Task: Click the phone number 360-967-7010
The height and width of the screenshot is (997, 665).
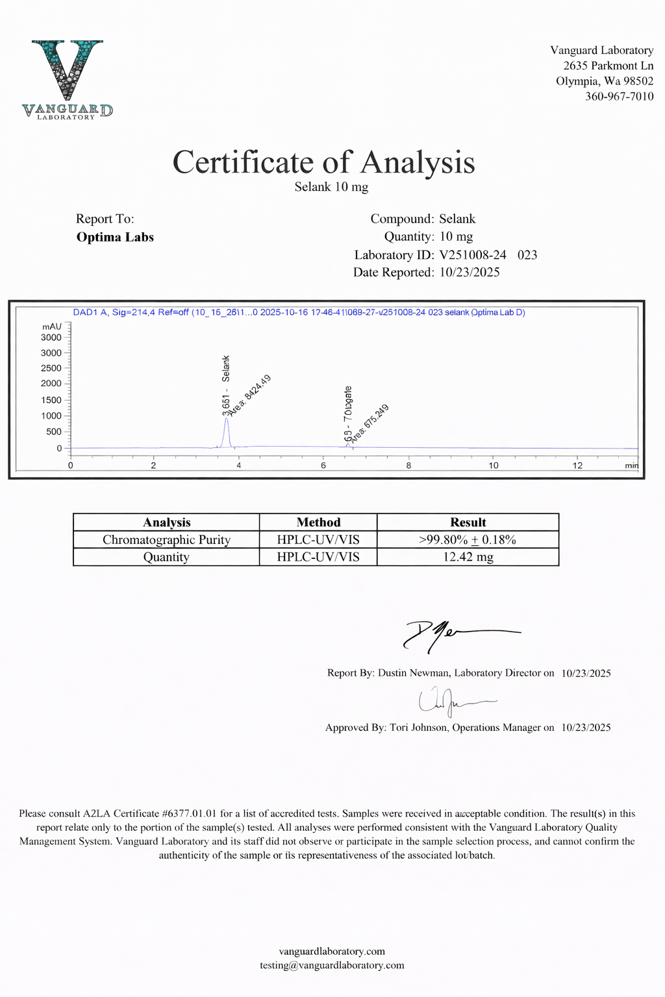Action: pos(619,97)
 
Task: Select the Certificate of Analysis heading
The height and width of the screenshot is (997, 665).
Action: pos(323,162)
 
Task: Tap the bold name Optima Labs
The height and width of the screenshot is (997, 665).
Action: pos(115,237)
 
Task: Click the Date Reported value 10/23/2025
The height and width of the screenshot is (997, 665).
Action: pos(470,272)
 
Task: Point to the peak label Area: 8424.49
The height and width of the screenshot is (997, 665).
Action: pos(251,393)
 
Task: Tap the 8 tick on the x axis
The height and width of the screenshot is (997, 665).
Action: pos(408,465)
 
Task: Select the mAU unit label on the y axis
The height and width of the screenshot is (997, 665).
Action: pos(51,326)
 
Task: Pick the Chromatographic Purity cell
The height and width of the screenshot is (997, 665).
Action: pos(166,540)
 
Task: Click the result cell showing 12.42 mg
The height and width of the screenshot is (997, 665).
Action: pos(468,557)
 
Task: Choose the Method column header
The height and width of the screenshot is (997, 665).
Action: pos(318,523)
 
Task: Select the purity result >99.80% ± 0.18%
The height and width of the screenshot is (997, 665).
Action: pos(468,540)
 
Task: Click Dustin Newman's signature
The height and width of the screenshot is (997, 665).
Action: pos(455,634)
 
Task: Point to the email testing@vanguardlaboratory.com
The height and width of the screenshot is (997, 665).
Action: pos(332,965)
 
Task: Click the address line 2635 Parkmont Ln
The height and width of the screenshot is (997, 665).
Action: pos(608,66)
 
